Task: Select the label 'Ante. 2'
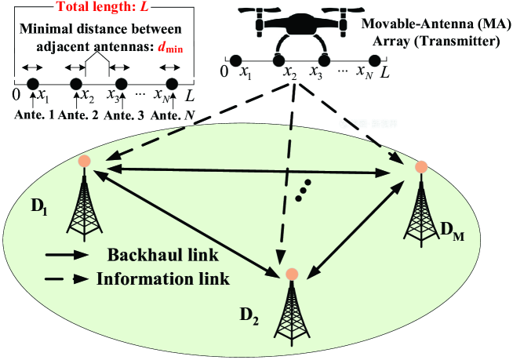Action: click(77, 115)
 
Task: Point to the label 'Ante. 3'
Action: click(123, 115)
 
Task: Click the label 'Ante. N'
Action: click(173, 115)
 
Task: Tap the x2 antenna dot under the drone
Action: click(279, 60)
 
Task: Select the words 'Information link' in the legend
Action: click(164, 278)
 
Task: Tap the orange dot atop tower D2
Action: click(292, 274)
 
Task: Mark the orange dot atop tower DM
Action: click(421, 166)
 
